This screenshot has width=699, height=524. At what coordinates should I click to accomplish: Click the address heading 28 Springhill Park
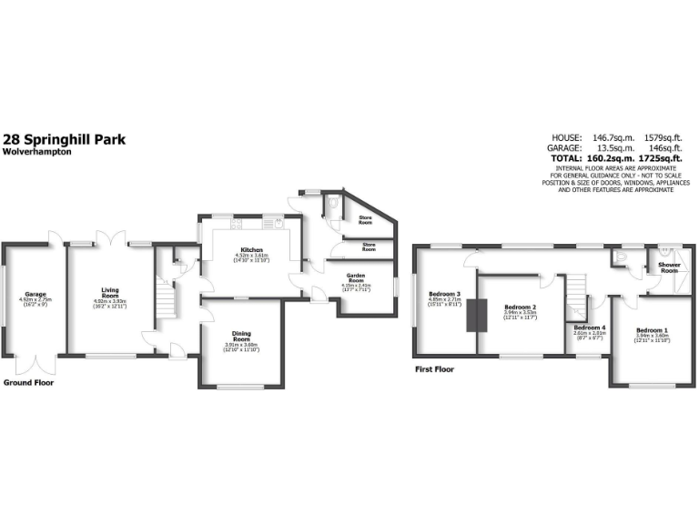pyautogui.click(x=65, y=139)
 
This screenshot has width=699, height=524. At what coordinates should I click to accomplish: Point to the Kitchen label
pyautogui.click(x=251, y=249)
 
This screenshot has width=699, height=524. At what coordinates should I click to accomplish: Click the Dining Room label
pyautogui.click(x=242, y=335)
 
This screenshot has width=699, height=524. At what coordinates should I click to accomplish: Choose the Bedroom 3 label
pyautogui.click(x=445, y=294)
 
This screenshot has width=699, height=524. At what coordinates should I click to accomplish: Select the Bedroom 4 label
pyautogui.click(x=591, y=327)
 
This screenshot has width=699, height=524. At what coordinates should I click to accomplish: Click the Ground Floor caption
pyautogui.click(x=28, y=383)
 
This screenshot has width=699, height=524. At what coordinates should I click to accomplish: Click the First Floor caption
pyautogui.click(x=435, y=369)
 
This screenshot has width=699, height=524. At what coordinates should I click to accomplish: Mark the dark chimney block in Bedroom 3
pyautogui.click(x=471, y=315)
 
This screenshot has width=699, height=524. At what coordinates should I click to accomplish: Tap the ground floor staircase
pyautogui.click(x=165, y=297)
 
